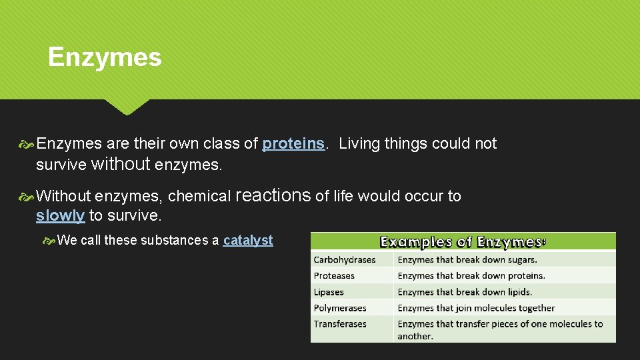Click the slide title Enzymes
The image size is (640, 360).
(x=105, y=57)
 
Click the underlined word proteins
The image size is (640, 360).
(x=293, y=143)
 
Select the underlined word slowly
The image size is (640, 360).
(x=60, y=215)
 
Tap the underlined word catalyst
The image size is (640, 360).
(x=248, y=240)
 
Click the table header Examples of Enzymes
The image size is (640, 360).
(x=463, y=241)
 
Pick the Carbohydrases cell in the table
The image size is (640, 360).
(x=345, y=259)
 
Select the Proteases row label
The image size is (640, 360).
(x=334, y=275)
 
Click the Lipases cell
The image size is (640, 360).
(x=329, y=292)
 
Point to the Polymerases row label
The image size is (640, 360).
(x=341, y=308)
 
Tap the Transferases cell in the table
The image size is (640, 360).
(x=340, y=324)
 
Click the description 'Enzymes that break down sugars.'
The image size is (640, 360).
(x=467, y=259)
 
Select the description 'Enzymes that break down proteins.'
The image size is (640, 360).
(x=471, y=275)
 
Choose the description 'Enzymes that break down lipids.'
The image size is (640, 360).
(x=465, y=292)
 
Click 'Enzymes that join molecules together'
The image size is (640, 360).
(x=476, y=308)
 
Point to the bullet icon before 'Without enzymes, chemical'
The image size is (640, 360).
(x=27, y=196)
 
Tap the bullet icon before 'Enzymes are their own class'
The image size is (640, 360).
(x=27, y=143)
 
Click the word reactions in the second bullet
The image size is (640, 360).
(x=273, y=195)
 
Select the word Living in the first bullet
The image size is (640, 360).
(x=360, y=143)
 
